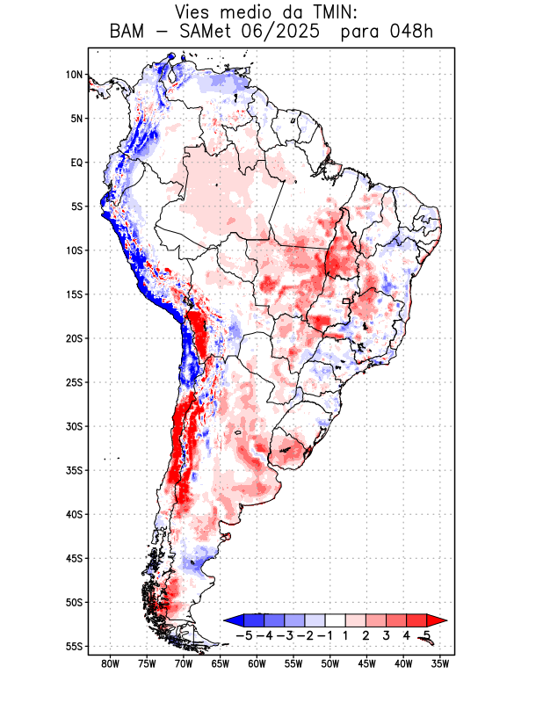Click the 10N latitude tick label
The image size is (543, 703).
[x=74, y=75]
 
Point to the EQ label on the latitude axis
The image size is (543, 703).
[x=76, y=163]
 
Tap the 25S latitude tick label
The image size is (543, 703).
[x=74, y=382]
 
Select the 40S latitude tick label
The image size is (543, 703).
[x=74, y=514]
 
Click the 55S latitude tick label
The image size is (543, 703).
[x=74, y=646]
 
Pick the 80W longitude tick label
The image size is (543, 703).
[x=111, y=663]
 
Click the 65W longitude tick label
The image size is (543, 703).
[x=221, y=663]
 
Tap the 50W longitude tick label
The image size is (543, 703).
[x=330, y=663]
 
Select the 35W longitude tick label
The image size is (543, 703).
[x=440, y=663]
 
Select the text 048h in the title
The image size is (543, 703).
[x=412, y=32]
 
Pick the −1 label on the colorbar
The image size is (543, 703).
[x=325, y=634]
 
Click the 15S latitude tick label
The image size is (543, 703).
[x=74, y=294]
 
